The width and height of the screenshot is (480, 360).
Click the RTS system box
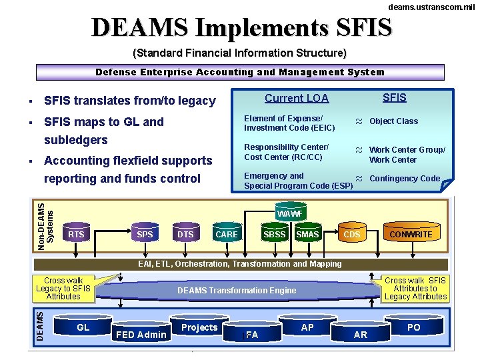click(76, 235)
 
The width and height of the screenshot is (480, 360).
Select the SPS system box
click(145, 235)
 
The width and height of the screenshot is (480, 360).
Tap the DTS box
click(185, 235)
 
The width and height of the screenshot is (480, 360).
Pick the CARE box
click(227, 235)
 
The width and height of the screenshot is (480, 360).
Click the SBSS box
click(274, 235)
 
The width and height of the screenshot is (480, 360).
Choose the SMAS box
click(307, 235)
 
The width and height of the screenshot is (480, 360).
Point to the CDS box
click(351, 235)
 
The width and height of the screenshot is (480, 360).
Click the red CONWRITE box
click(411, 234)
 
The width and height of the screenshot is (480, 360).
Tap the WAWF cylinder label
click(290, 213)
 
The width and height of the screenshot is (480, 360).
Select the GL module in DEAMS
click(83, 327)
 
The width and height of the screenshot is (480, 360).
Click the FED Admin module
click(141, 334)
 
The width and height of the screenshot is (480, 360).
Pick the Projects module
click(199, 327)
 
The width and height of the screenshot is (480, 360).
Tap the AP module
click(307, 327)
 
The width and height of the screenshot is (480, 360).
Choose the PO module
click(414, 327)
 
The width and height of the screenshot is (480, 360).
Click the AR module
click(361, 334)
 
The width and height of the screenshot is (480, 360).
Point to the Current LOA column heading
click(297, 98)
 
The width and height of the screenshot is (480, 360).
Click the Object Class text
click(393, 121)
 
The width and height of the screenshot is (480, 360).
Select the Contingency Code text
click(405, 178)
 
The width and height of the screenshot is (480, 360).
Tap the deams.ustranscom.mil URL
click(432, 6)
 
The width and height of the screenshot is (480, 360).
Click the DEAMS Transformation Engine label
click(237, 290)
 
